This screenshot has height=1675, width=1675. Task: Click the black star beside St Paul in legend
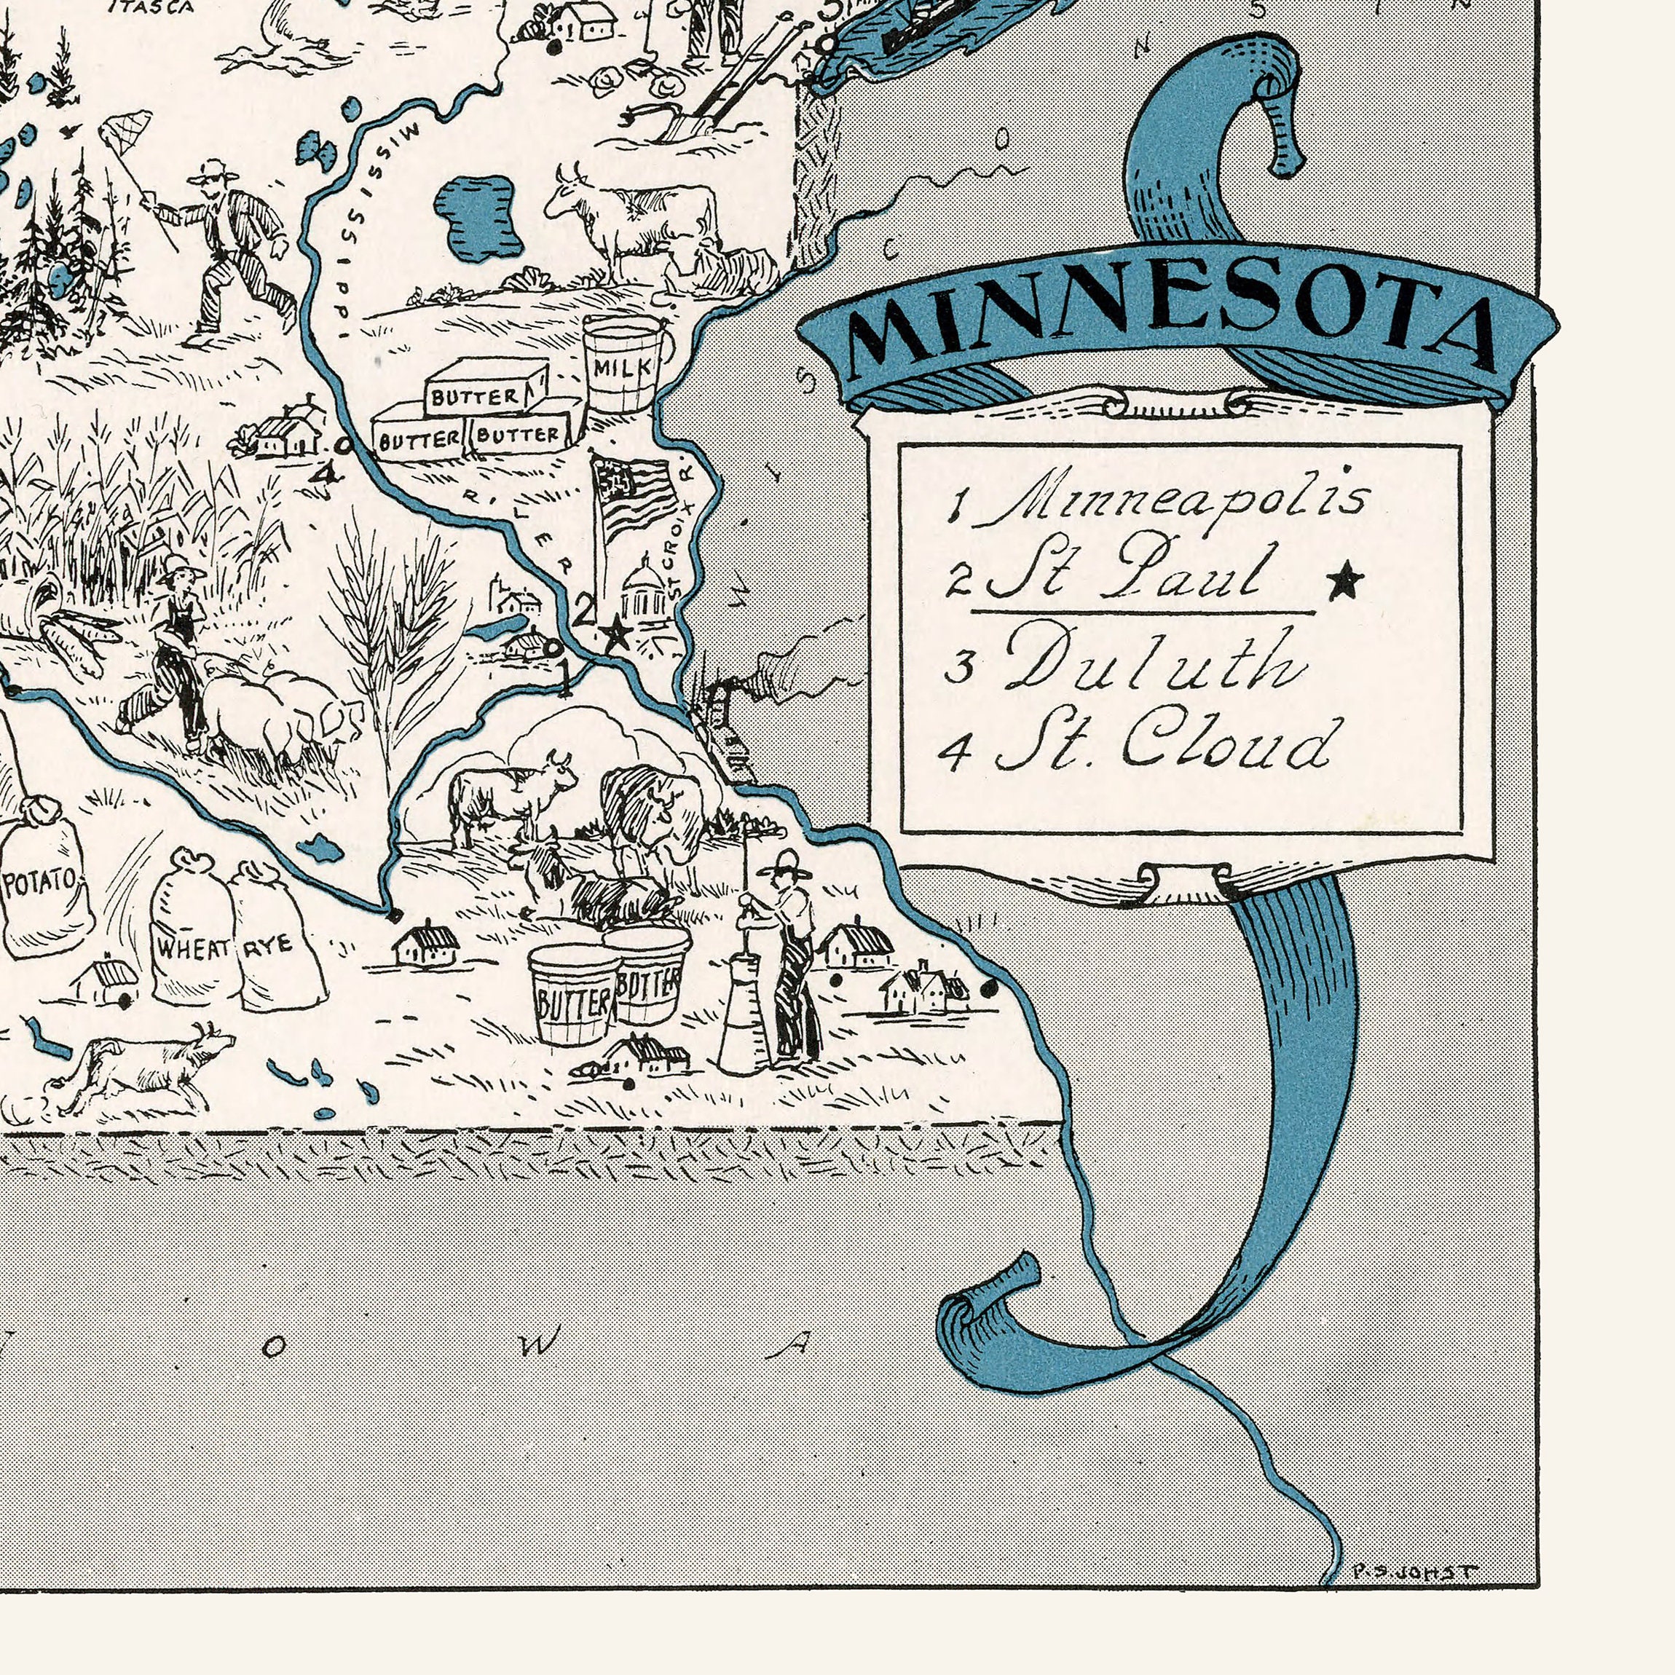coord(1344,582)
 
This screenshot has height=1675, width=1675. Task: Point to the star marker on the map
coord(616,633)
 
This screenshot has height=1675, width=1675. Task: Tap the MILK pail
coord(623,364)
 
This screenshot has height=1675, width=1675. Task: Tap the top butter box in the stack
coord(486,386)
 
